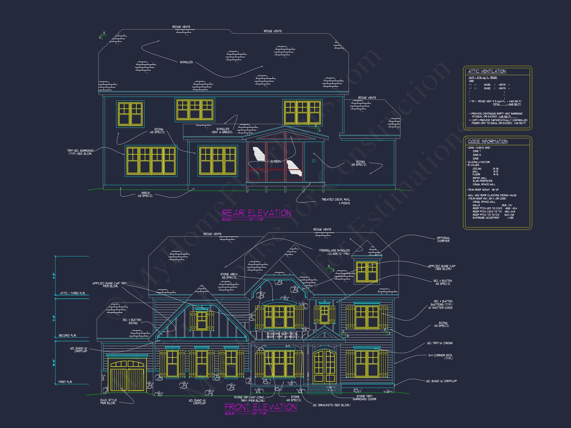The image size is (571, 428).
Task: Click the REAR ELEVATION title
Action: pos(257,213)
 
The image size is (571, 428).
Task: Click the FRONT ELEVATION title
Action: pos(260,407)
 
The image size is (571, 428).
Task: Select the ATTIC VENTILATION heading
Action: pos(487,71)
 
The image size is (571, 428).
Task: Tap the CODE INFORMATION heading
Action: pos(488,141)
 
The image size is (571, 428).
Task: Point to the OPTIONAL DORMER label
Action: pos(443,240)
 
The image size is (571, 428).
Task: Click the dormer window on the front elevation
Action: pos(367,272)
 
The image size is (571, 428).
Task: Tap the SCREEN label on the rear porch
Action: pos(276,161)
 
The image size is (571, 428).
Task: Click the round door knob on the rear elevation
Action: pos(314,161)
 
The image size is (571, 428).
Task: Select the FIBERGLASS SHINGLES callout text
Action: pos(334,252)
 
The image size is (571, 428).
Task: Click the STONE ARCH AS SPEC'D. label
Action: pos(229,276)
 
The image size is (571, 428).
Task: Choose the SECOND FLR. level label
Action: pos(67,335)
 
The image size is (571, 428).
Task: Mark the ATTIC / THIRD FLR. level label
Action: pos(73,293)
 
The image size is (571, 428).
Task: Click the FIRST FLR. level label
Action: pos(65,382)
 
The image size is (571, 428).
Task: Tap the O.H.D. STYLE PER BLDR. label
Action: pos(108,401)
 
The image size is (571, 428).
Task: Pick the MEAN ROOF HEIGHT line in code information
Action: pos(484,190)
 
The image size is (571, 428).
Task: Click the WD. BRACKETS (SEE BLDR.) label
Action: pos(331,405)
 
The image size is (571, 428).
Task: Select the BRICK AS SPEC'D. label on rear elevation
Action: pos(145,194)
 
